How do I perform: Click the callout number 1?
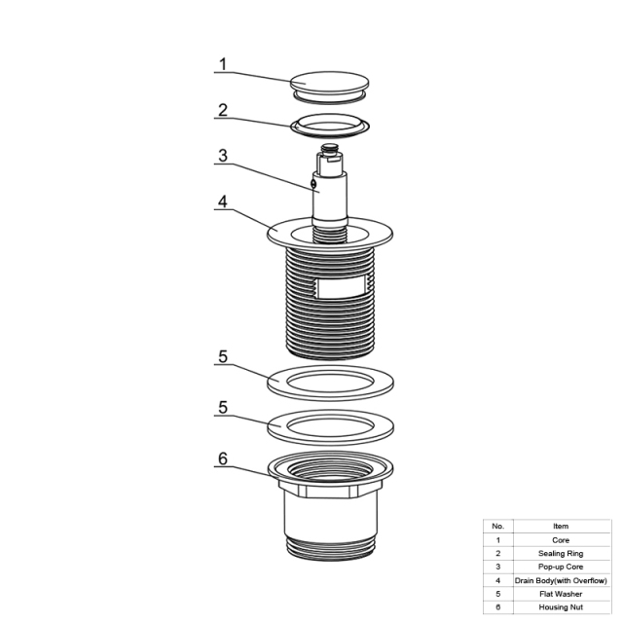(223, 64)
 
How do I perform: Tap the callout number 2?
(223, 110)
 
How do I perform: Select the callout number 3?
(223, 156)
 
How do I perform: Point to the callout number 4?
(223, 202)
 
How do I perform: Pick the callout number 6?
(223, 458)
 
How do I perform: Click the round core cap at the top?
(329, 88)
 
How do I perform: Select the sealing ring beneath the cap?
(330, 126)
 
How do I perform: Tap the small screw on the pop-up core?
(313, 183)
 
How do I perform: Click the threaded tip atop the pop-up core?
(330, 148)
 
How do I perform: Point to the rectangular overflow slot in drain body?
(342, 288)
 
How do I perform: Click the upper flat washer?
(330, 383)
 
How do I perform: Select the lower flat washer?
(330, 427)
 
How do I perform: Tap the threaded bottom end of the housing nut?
(331, 549)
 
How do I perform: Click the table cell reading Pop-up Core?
(561, 567)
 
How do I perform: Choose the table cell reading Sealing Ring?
(561, 554)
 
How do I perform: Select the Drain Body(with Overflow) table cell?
(561, 580)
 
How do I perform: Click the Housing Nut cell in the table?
(561, 607)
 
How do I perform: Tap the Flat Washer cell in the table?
(561, 594)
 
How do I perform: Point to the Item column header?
(561, 526)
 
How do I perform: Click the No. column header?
(497, 526)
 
